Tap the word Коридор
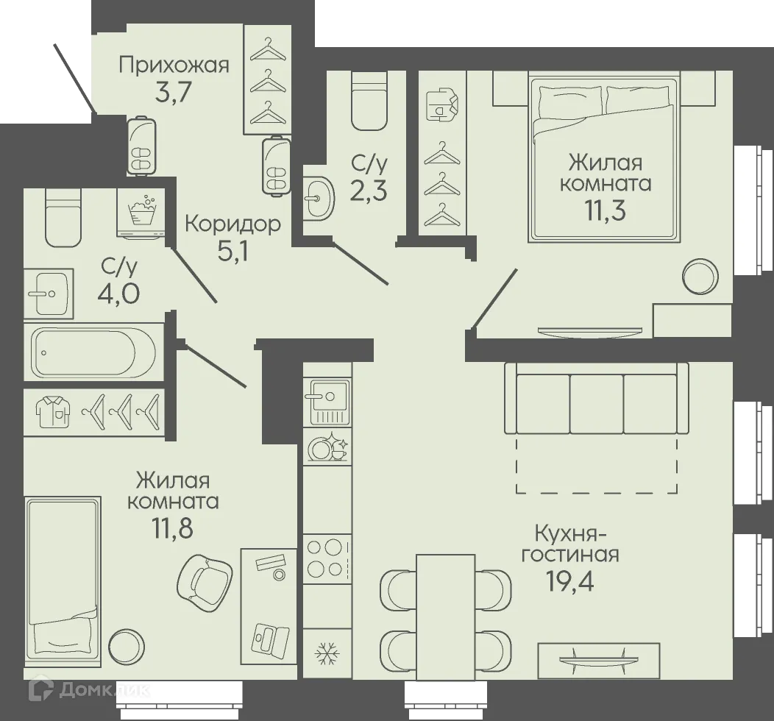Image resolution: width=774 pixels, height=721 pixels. [232, 223]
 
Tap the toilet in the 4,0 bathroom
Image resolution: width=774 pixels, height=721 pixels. [63, 217]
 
